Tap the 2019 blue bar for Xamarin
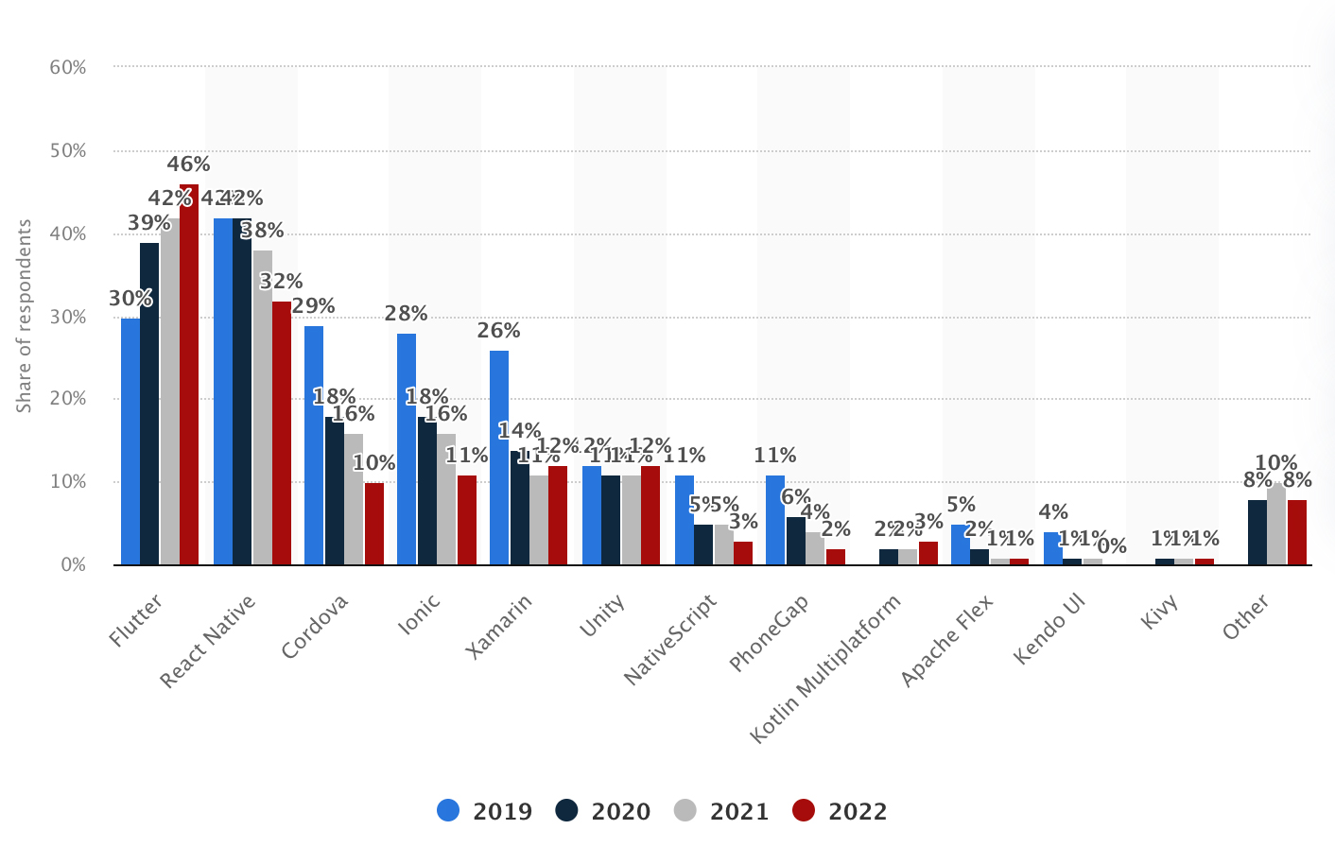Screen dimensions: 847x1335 (x=499, y=458)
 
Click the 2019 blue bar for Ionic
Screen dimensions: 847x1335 (x=407, y=449)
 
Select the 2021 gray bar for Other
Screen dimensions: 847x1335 (x=1276, y=525)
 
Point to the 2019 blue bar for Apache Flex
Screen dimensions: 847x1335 (x=961, y=544)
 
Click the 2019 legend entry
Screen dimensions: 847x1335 (x=485, y=811)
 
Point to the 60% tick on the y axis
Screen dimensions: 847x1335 (x=67, y=67)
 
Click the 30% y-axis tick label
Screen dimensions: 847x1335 (x=67, y=317)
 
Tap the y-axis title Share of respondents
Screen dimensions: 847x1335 (x=25, y=316)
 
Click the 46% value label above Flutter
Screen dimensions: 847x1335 (x=188, y=164)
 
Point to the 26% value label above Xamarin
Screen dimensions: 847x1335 (x=498, y=331)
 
